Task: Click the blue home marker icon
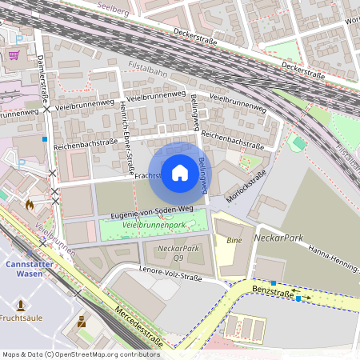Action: (x=180, y=173)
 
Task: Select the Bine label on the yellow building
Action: (x=234, y=240)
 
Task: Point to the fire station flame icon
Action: (x=30, y=205)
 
